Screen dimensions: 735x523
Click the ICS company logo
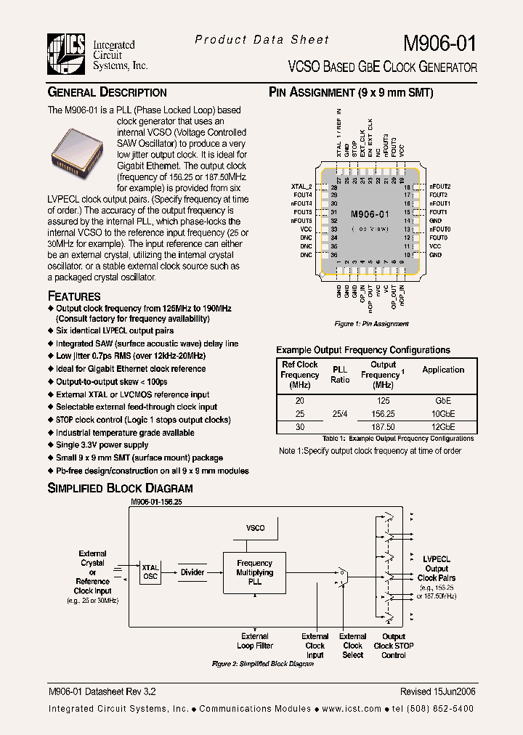[68, 54]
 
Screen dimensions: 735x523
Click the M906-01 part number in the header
[439, 43]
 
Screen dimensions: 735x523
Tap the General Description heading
[107, 92]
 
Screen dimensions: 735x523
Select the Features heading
[74, 296]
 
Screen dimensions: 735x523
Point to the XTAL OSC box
[150, 572]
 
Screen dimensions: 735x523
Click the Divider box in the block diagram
[192, 572]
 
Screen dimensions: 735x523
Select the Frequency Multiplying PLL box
[254, 572]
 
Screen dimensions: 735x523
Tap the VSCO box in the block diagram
[255, 528]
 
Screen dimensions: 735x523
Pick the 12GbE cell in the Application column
[443, 427]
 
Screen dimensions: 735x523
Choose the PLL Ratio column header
[340, 374]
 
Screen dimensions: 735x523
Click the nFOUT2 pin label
[439, 187]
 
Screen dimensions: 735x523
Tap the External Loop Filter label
[254, 641]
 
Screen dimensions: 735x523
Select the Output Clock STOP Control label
[394, 646]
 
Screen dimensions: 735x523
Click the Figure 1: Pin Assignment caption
[371, 324]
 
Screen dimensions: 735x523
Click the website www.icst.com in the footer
[351, 709]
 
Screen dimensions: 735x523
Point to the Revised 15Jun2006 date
[437, 692]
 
